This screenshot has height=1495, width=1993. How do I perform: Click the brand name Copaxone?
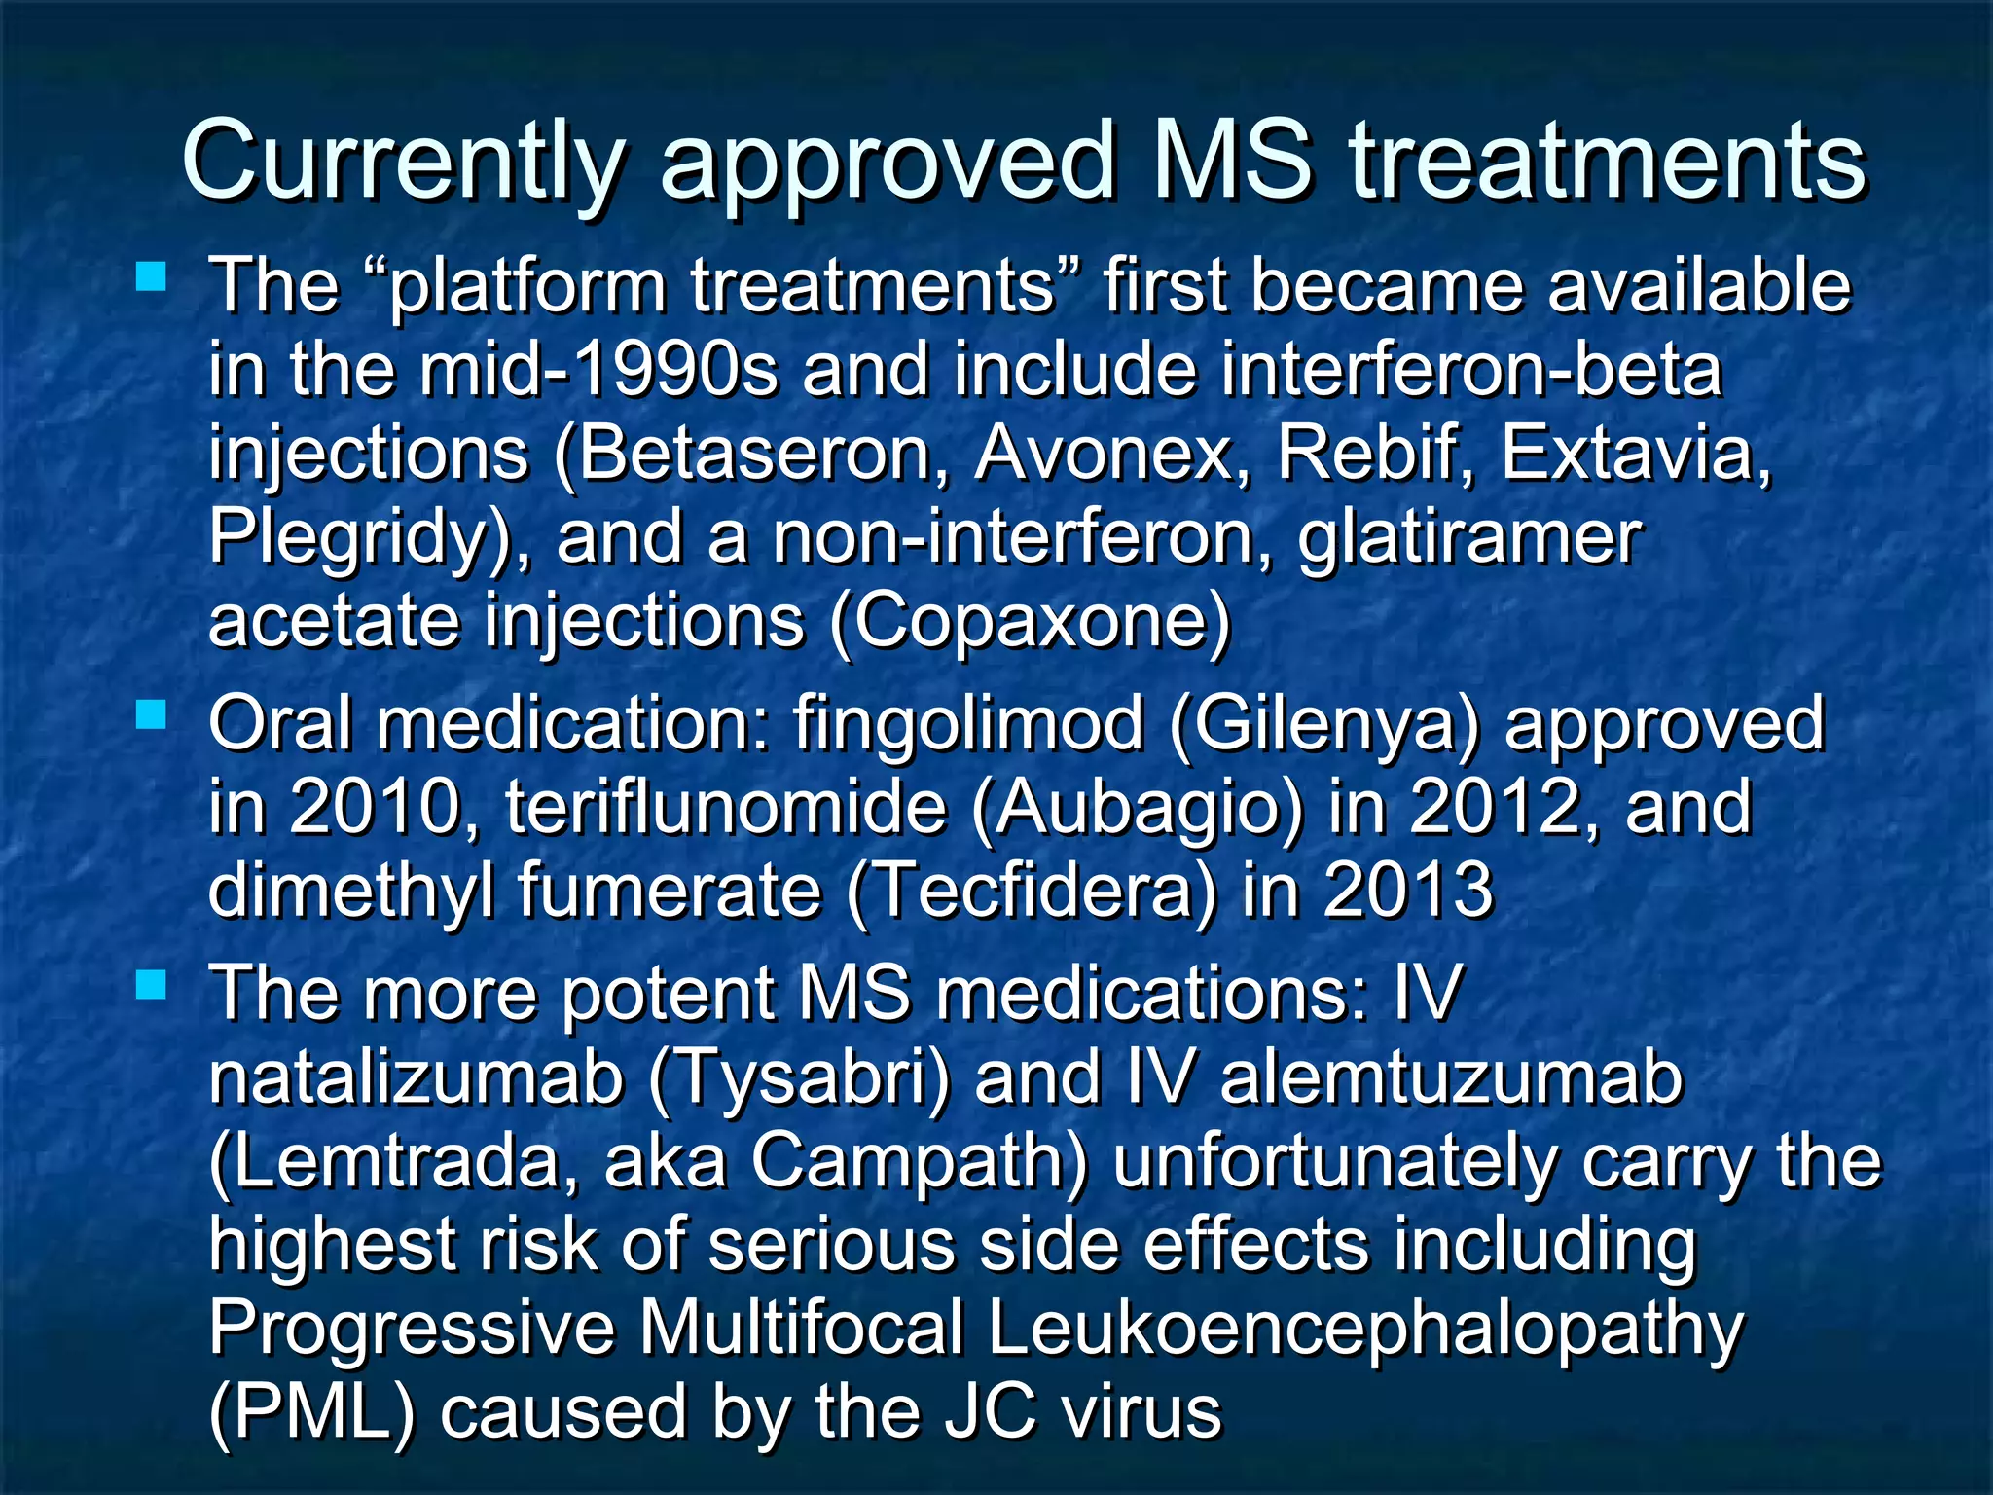tap(1031, 622)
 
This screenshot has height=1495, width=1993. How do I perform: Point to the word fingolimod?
tap(968, 725)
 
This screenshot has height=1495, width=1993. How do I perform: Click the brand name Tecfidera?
tap(1032, 891)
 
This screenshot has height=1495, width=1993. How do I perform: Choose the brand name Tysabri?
tap(798, 1079)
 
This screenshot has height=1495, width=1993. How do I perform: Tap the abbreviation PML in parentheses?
tap(311, 1413)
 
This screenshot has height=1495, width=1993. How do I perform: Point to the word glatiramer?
tap(1469, 539)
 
